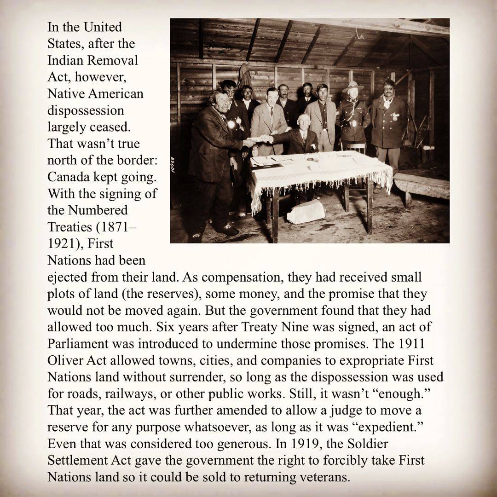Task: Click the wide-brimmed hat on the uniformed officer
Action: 353,86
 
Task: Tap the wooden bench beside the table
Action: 421,184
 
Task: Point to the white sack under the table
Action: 306,212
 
